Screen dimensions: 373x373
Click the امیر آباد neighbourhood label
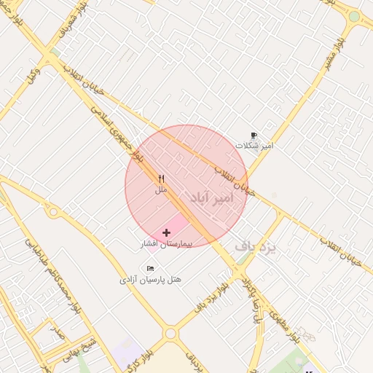point(213,197)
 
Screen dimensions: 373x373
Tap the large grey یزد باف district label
point(256,248)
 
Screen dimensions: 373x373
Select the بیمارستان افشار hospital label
point(166,244)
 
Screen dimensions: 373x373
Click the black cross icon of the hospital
point(167,232)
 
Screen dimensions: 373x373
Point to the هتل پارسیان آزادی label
point(151,279)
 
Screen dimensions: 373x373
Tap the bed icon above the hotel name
point(151,268)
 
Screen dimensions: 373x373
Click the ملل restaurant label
point(161,189)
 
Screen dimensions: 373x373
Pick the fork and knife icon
point(161,178)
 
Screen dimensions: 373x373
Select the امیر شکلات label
point(254,146)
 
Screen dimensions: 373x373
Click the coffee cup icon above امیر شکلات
point(254,135)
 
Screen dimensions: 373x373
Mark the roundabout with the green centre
point(354,16)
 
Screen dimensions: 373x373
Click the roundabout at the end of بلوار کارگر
point(171,333)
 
